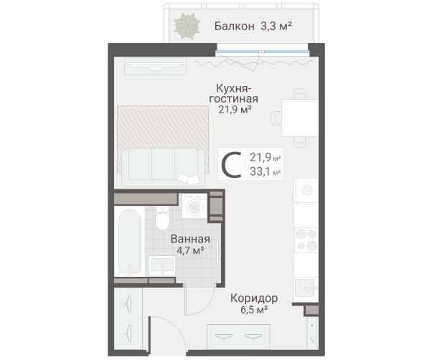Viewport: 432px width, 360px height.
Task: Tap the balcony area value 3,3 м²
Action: point(276,27)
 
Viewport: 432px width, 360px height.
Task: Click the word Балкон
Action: point(235,27)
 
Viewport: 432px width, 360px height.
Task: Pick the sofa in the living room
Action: point(162,166)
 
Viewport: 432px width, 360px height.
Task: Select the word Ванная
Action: point(190,239)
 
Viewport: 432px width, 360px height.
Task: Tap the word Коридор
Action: point(254,298)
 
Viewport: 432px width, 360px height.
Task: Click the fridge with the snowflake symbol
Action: point(306,190)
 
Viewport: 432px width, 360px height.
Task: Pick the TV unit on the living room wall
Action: point(156,65)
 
